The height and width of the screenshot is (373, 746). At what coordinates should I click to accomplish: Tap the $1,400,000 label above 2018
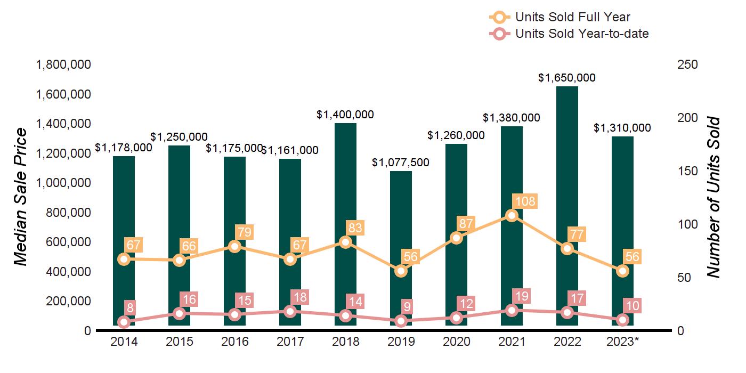click(345, 115)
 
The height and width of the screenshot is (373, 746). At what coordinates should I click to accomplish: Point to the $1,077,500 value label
click(401, 162)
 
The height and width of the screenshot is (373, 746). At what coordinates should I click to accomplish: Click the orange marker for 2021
click(512, 215)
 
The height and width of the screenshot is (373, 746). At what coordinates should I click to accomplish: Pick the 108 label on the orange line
click(523, 201)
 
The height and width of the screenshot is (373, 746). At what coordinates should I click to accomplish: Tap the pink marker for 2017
click(290, 311)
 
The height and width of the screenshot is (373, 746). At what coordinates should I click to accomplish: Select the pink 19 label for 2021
click(523, 296)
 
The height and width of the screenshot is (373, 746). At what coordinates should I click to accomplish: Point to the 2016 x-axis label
click(234, 342)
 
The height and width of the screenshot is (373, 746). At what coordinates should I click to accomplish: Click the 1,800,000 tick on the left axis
click(63, 65)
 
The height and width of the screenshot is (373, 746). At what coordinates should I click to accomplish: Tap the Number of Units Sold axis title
click(713, 197)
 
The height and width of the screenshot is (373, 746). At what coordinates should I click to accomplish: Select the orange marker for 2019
click(401, 271)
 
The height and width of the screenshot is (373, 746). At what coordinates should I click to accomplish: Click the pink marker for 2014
click(124, 322)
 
